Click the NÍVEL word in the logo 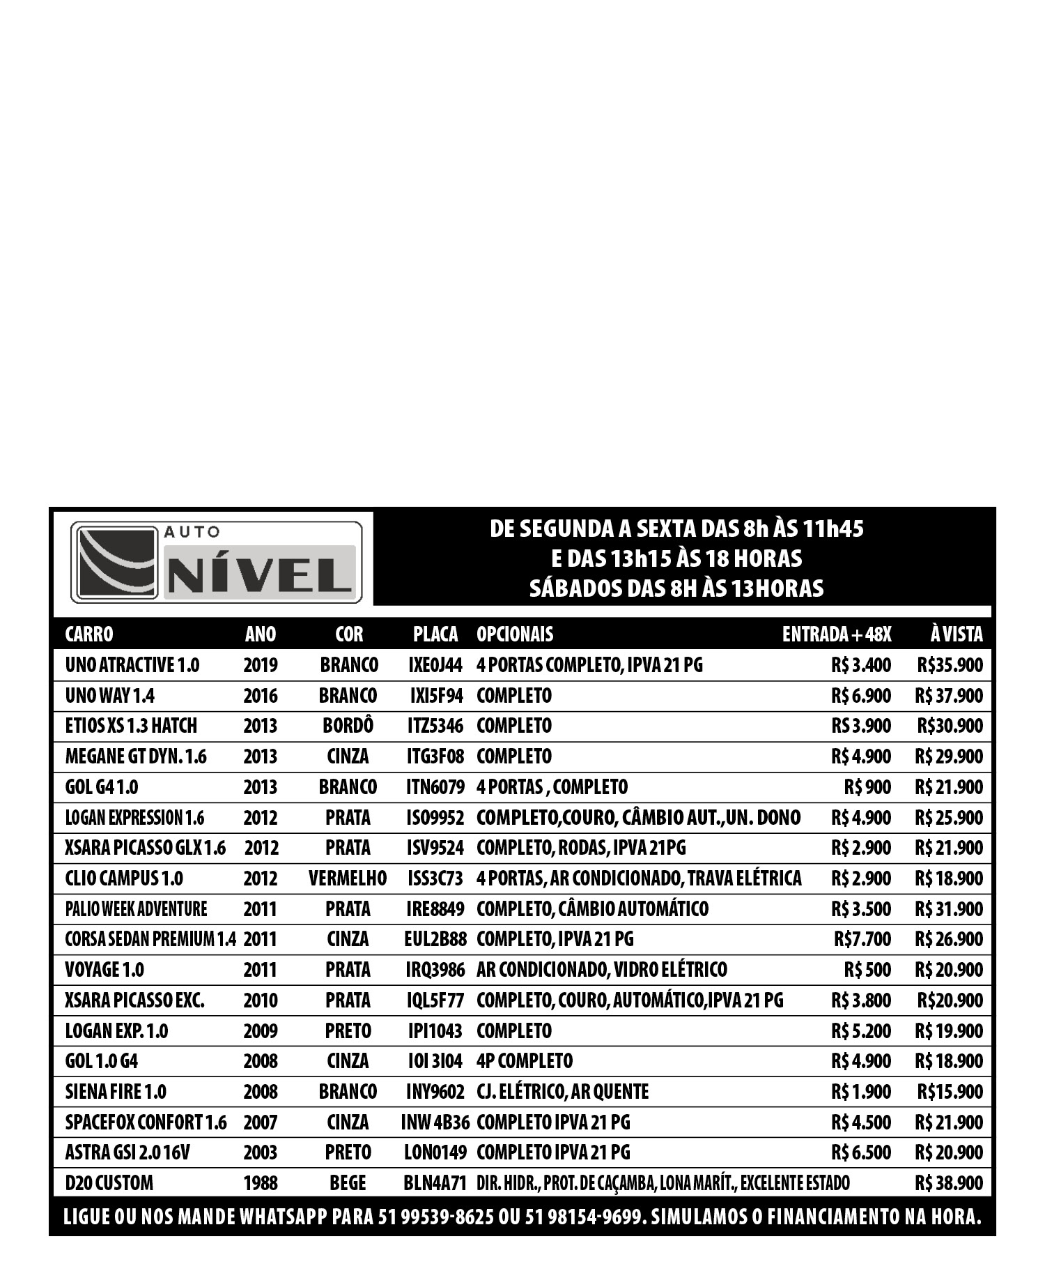point(260,575)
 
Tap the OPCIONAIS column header point(515,634)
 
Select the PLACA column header point(435,634)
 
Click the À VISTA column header point(957,634)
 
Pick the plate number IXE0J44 point(435,665)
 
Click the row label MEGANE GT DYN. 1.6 point(136,756)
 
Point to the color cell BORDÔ point(348,726)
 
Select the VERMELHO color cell point(348,878)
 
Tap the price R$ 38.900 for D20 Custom point(949,1183)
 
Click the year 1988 point(261,1183)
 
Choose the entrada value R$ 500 point(867,970)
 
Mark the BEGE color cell point(348,1183)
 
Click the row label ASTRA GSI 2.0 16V point(127,1152)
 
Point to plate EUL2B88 point(435,939)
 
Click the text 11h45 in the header point(833,529)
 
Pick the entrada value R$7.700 point(862,939)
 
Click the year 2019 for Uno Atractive point(261,665)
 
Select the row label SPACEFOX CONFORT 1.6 point(146,1122)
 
